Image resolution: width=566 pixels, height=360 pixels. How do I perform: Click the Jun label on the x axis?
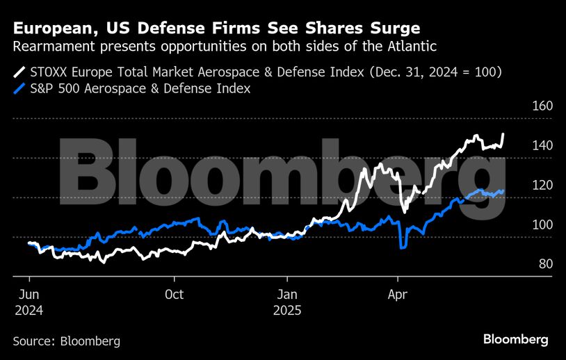tap(29, 294)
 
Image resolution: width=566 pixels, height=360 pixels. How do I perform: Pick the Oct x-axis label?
tap(175, 294)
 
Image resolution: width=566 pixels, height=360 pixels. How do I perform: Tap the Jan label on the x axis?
tap(287, 294)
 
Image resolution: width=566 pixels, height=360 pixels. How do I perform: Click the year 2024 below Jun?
tap(29, 311)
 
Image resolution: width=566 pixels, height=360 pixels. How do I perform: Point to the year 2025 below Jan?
tap(287, 311)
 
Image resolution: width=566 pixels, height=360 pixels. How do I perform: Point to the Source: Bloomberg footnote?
tap(66, 341)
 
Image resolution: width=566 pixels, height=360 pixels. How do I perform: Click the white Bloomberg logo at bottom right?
tap(515, 340)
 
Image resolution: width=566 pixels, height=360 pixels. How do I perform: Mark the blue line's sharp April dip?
tap(403, 247)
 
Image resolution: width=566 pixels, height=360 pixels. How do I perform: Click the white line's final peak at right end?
tap(503, 134)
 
